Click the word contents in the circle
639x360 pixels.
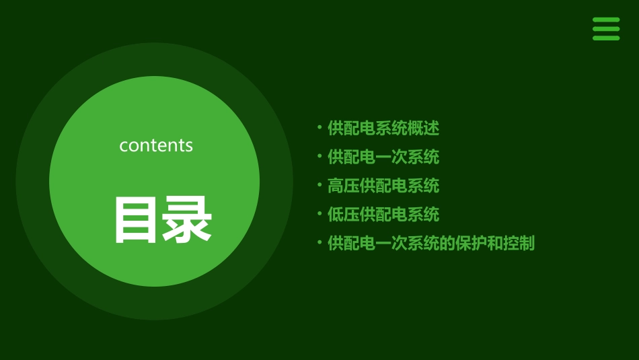pos(156,145)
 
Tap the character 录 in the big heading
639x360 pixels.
pos(188,219)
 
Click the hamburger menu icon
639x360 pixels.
pos(606,29)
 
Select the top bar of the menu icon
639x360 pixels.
pos(606,20)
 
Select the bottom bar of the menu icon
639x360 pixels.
pos(606,38)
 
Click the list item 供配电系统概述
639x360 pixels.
pos(383,128)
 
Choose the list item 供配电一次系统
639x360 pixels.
pos(383,157)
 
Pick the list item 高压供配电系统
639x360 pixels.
pos(383,186)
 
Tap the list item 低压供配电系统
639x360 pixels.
pos(383,215)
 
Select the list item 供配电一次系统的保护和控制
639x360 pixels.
pos(431,244)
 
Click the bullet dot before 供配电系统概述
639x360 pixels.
pos(319,127)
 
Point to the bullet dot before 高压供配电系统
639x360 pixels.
pos(319,184)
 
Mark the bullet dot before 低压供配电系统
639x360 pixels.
pos(319,213)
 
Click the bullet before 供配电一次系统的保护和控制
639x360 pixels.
pos(319,242)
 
